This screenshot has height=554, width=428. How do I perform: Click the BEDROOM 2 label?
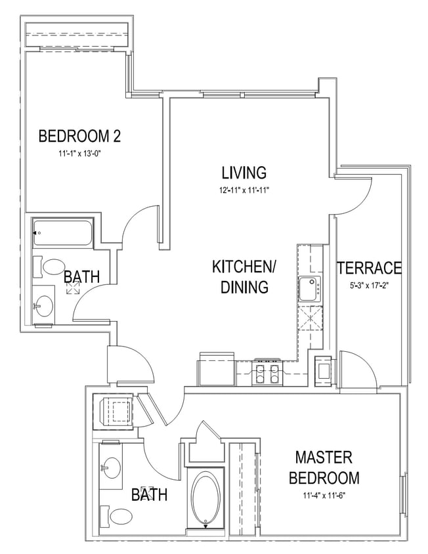(x=79, y=137)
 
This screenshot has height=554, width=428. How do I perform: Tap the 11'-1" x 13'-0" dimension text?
(x=79, y=154)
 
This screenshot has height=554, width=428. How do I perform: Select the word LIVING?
(x=244, y=173)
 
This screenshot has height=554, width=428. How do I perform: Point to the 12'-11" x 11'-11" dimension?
(x=244, y=190)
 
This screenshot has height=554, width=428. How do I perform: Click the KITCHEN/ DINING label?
(x=244, y=277)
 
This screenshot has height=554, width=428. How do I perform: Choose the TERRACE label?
(x=368, y=268)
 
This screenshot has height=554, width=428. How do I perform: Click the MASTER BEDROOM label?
(x=323, y=467)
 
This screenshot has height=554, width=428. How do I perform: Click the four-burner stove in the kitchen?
(x=267, y=373)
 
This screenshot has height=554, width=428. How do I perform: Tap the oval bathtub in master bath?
(x=207, y=498)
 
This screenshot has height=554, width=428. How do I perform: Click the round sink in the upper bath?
(x=44, y=306)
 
